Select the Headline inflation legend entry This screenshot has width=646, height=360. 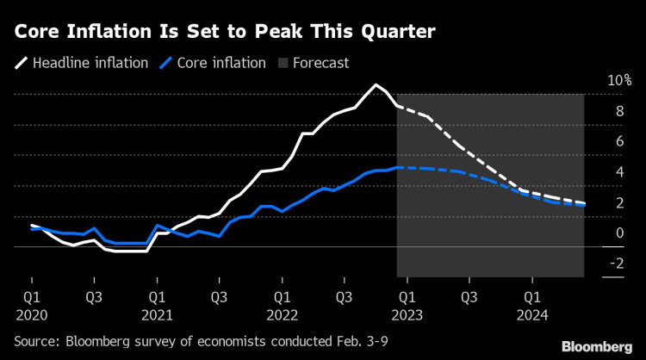90,63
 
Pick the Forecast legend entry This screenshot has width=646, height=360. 320,63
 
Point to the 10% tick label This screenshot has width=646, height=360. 620,80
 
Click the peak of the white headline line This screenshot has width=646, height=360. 376,84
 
